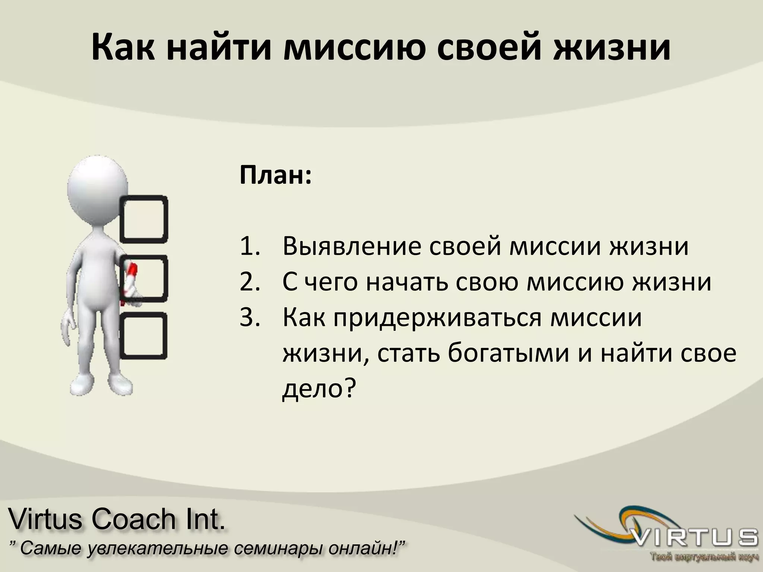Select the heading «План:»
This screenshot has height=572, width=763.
click(275, 176)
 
